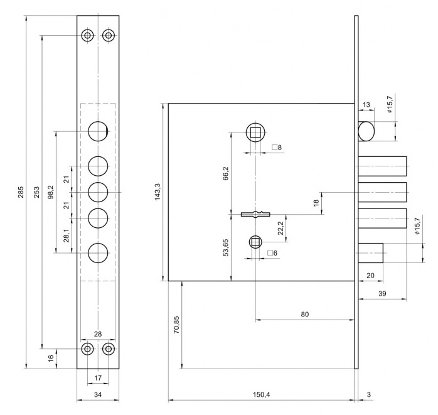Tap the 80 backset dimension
coord(305,314)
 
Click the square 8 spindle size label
coord(277,148)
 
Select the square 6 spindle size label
coord(272,253)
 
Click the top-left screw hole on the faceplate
coord(88,35)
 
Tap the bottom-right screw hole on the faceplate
coord(109,348)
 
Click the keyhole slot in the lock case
coord(255,214)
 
